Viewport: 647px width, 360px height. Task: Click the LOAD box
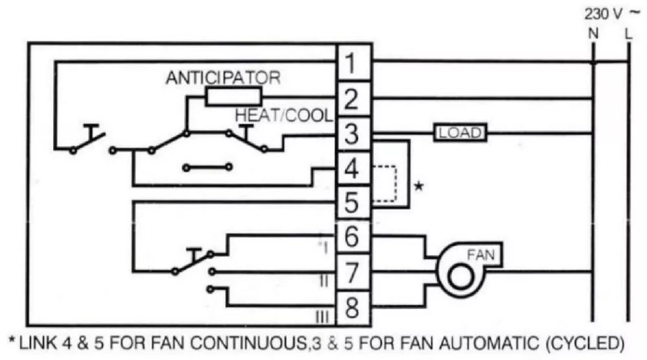pos(459,133)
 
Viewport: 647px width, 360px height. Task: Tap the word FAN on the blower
pos(481,254)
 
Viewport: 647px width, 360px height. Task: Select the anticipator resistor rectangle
pos(234,97)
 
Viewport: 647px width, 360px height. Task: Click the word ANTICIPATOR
pos(223,78)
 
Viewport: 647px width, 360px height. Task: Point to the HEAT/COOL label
pos(284,116)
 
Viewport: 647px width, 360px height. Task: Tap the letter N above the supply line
pos(593,33)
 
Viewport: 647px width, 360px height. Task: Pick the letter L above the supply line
pos(628,33)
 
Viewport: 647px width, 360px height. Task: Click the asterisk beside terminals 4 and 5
pos(419,186)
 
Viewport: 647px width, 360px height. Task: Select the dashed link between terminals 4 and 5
pos(396,184)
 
